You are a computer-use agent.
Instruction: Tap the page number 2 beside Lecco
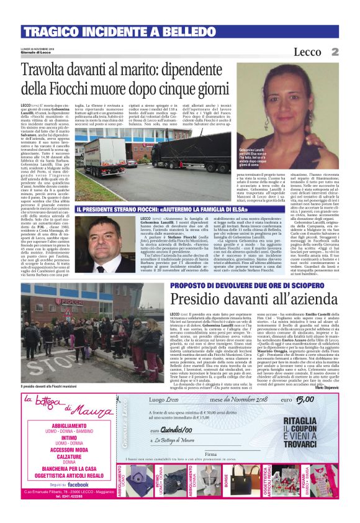click(334, 52)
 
